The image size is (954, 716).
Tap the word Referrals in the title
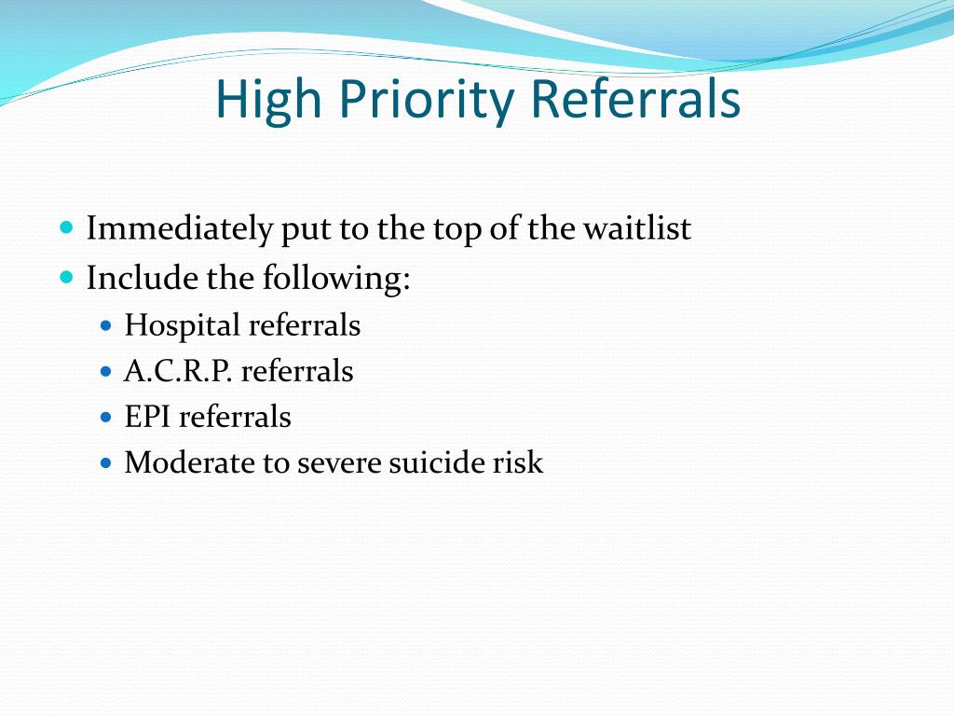tap(635, 100)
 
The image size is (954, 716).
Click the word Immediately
tap(180, 228)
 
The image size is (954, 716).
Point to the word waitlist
tap(637, 228)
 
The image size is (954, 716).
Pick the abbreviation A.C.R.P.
tap(179, 371)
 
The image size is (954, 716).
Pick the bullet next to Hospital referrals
tap(105, 325)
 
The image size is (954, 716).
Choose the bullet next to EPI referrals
tap(105, 416)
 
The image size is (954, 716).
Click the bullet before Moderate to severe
tap(105, 461)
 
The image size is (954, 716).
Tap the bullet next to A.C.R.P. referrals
tap(105, 371)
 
